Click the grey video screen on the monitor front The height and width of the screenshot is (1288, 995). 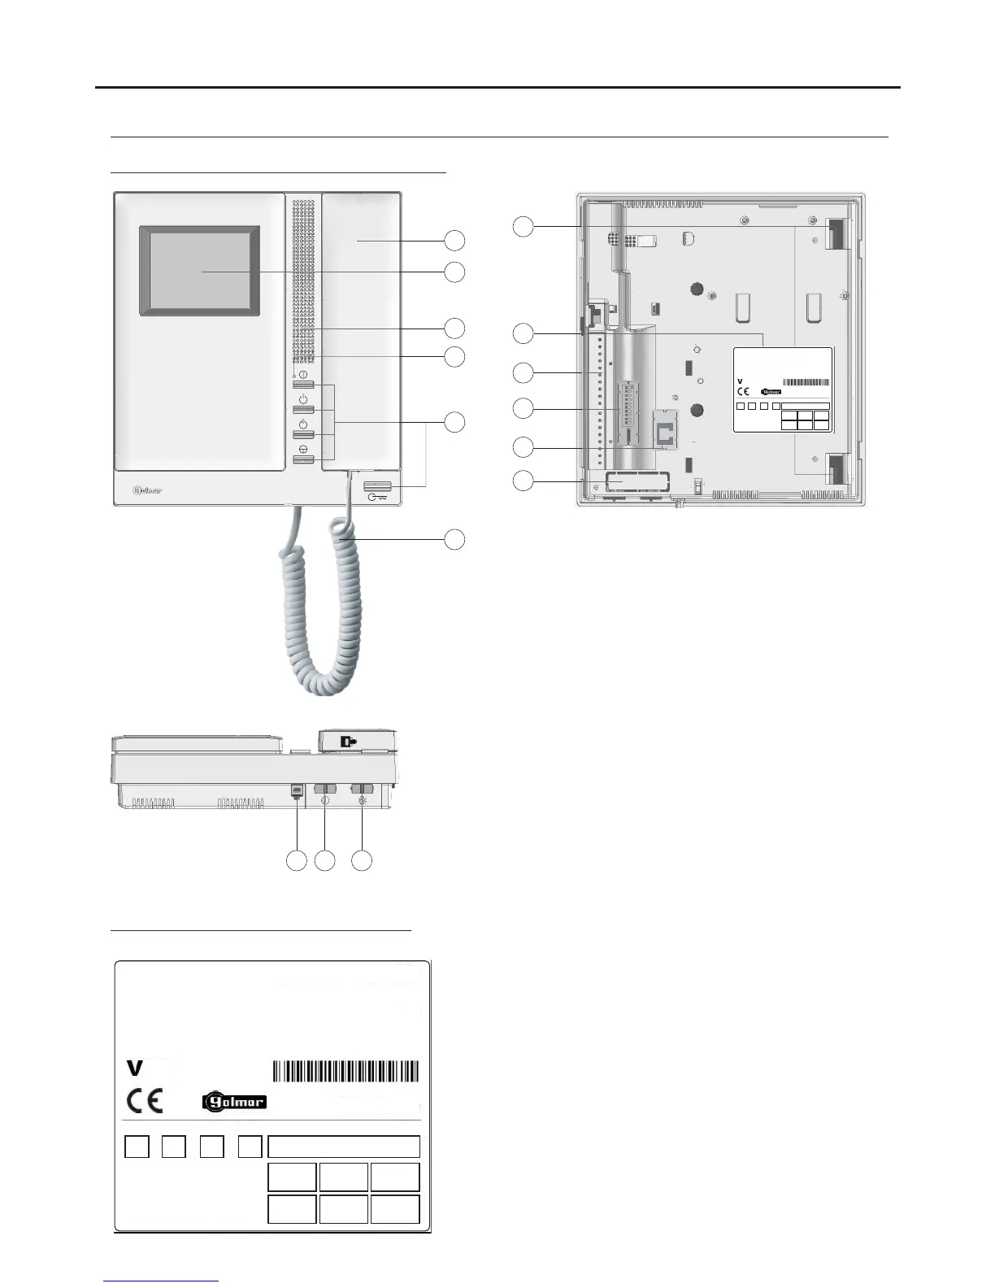click(200, 271)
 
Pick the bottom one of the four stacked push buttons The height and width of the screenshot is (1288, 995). click(303, 460)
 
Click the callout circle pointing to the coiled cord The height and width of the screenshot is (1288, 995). click(454, 538)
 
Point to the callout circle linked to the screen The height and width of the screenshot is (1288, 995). click(454, 271)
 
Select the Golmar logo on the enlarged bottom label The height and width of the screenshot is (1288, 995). click(234, 1102)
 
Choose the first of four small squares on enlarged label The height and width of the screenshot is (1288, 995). click(137, 1147)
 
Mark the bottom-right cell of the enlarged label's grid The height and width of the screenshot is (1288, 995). click(395, 1208)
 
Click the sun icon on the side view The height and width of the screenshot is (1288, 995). click(362, 800)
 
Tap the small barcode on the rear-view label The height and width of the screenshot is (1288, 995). click(806, 382)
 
